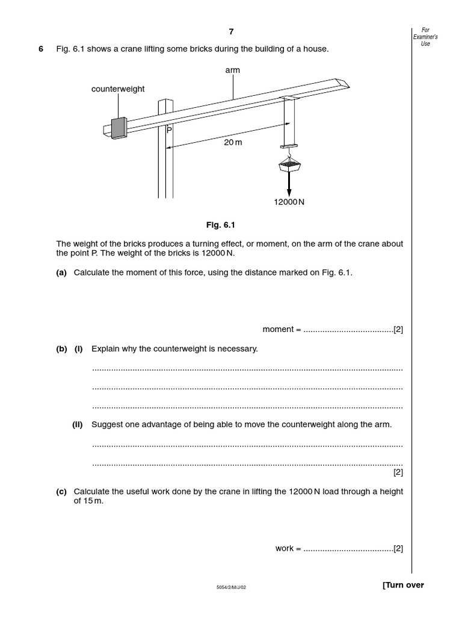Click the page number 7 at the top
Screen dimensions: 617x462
tap(231, 32)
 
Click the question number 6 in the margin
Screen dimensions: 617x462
tap(41, 49)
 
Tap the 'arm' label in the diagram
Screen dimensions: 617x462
tap(232, 70)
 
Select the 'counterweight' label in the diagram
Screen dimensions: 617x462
tap(118, 89)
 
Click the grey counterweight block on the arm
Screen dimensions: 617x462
tap(119, 127)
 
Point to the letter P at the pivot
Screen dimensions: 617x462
tap(169, 129)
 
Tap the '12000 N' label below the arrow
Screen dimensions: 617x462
tap(289, 202)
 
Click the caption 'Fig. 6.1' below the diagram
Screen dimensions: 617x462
tap(220, 225)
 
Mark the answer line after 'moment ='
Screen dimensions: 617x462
tap(348, 330)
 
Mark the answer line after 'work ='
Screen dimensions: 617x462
tap(348, 549)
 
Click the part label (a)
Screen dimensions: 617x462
tap(61, 272)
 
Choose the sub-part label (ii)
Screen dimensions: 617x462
tap(78, 424)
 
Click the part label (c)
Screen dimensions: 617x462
tap(61, 492)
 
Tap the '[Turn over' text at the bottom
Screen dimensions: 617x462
tap(403, 585)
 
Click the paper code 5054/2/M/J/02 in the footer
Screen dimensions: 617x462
tap(231, 587)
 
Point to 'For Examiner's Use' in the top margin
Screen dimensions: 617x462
tap(425, 37)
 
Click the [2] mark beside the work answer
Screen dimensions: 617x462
tap(398, 549)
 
